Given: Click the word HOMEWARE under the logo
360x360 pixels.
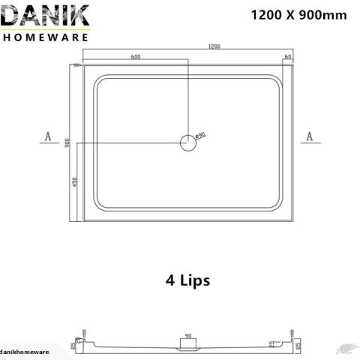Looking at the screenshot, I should (x=46, y=36).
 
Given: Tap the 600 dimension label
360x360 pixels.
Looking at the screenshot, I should (x=136, y=56).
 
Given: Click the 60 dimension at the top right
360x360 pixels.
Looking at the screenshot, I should (x=288, y=56).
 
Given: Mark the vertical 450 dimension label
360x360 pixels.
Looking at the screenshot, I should (x=75, y=183).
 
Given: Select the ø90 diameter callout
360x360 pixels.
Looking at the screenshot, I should (x=200, y=135).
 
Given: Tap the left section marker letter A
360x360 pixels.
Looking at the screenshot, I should (x=47, y=136).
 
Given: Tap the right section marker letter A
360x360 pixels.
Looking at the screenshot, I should (x=309, y=136).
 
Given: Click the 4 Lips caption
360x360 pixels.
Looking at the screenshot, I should (x=187, y=280).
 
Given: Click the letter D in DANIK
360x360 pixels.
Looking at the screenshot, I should (x=13, y=17).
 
